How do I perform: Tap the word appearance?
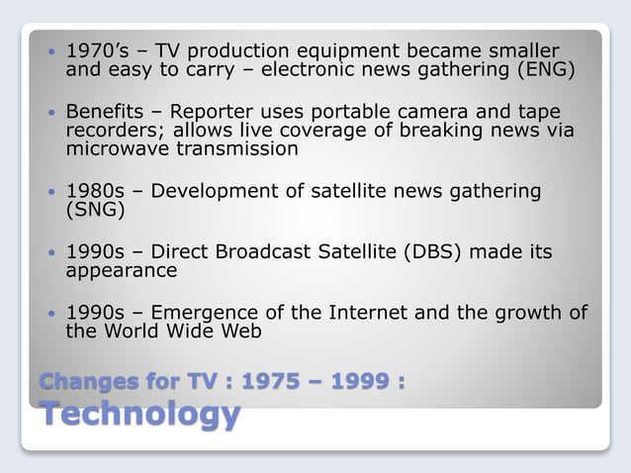click(x=121, y=270)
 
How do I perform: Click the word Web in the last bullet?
click(x=240, y=331)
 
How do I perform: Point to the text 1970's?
click(x=95, y=50)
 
